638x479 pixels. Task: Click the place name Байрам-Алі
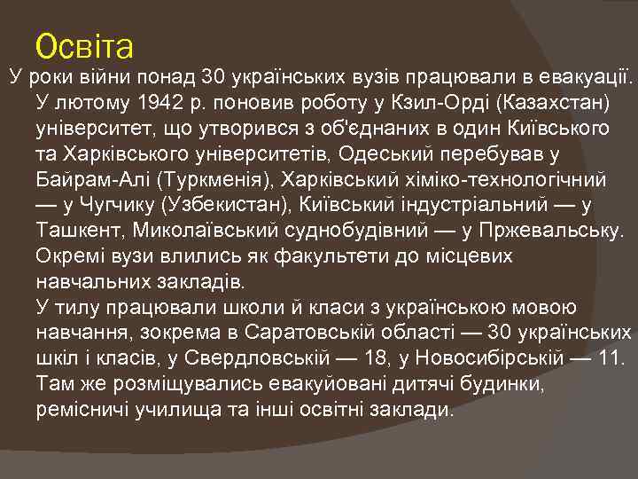click(x=93, y=181)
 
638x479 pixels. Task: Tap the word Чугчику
click(x=111, y=207)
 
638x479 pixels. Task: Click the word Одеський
click(x=384, y=155)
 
